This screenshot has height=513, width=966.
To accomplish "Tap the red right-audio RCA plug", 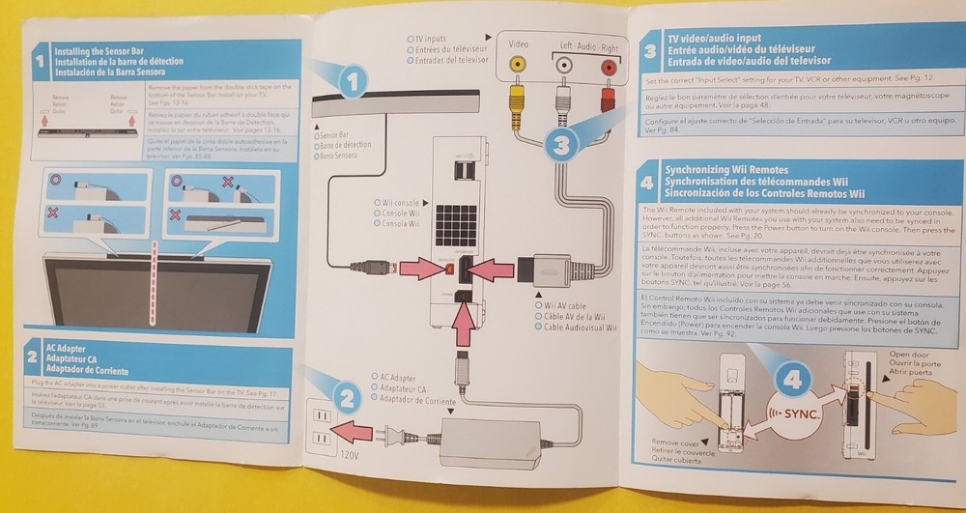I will (x=607, y=96).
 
